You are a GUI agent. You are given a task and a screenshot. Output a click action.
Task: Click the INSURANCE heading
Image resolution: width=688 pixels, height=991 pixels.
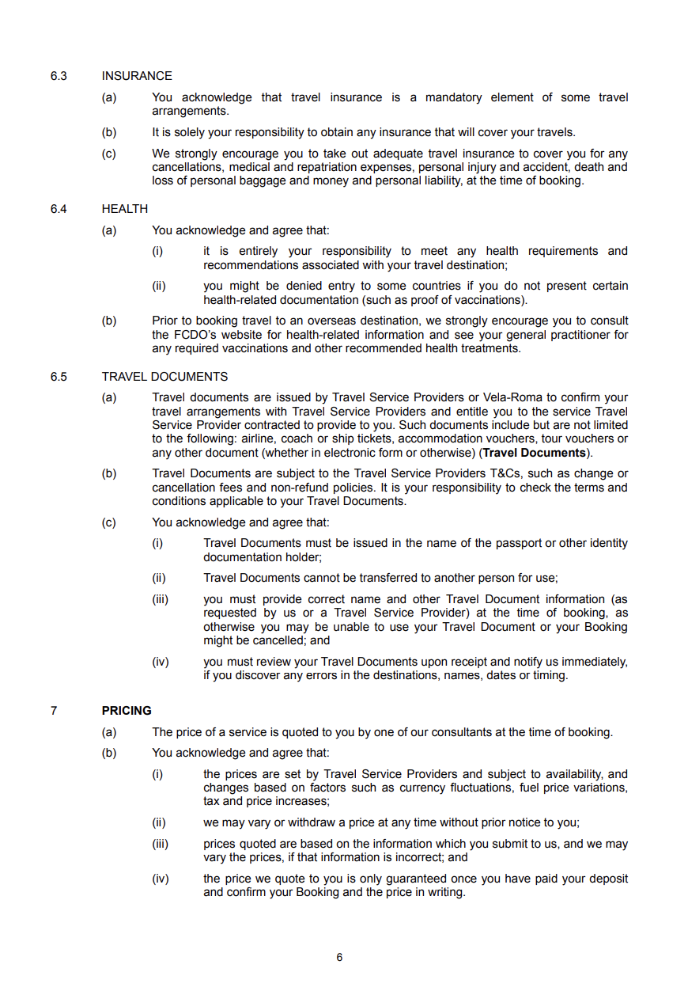(x=137, y=76)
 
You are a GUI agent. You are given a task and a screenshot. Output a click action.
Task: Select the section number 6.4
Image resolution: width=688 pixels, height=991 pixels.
(x=59, y=209)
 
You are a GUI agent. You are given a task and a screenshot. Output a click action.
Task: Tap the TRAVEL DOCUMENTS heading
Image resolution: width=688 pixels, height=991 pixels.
(x=164, y=377)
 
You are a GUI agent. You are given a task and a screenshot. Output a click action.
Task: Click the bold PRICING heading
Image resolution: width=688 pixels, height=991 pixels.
(x=127, y=711)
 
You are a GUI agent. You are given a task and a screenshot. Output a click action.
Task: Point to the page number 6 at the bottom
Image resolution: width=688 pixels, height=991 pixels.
(x=339, y=957)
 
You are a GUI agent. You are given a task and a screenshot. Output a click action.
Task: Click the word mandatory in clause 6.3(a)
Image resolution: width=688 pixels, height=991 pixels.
(x=453, y=97)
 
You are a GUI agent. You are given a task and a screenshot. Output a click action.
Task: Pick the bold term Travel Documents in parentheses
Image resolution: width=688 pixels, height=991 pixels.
(x=535, y=453)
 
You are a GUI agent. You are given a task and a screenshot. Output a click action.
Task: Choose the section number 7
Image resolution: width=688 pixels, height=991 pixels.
(x=54, y=711)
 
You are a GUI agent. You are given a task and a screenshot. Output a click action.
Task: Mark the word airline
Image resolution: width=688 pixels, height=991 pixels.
(x=261, y=439)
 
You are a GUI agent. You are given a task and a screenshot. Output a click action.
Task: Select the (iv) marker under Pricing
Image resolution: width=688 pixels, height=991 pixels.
(x=160, y=879)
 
